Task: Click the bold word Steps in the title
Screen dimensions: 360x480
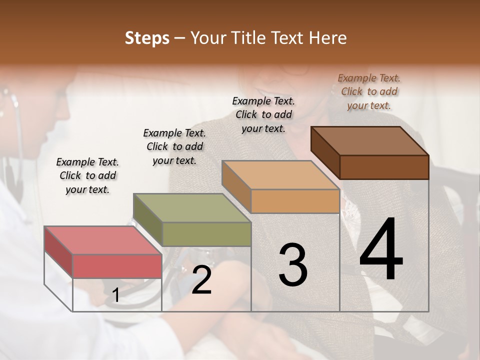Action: tap(147, 38)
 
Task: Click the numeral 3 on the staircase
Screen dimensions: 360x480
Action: tap(293, 265)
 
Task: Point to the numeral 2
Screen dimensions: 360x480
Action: tap(202, 280)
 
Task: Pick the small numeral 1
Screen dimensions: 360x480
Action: tap(116, 295)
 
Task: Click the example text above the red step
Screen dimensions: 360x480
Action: tap(87, 175)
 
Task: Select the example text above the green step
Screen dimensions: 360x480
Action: tap(174, 146)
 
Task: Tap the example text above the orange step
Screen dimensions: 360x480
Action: tap(263, 114)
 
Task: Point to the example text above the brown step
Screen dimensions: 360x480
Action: tap(369, 91)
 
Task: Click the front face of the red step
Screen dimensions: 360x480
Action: tap(117, 265)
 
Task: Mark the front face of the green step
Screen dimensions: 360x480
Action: tap(206, 234)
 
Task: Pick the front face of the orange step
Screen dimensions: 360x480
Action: tap(295, 201)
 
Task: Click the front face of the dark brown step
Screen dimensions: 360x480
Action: tap(384, 167)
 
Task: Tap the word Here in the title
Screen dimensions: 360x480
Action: tap(328, 38)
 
